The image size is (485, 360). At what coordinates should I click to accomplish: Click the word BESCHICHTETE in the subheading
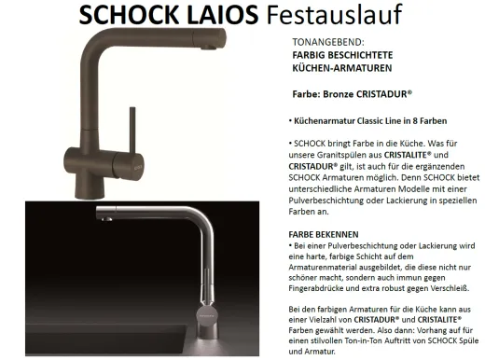coord(351,56)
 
